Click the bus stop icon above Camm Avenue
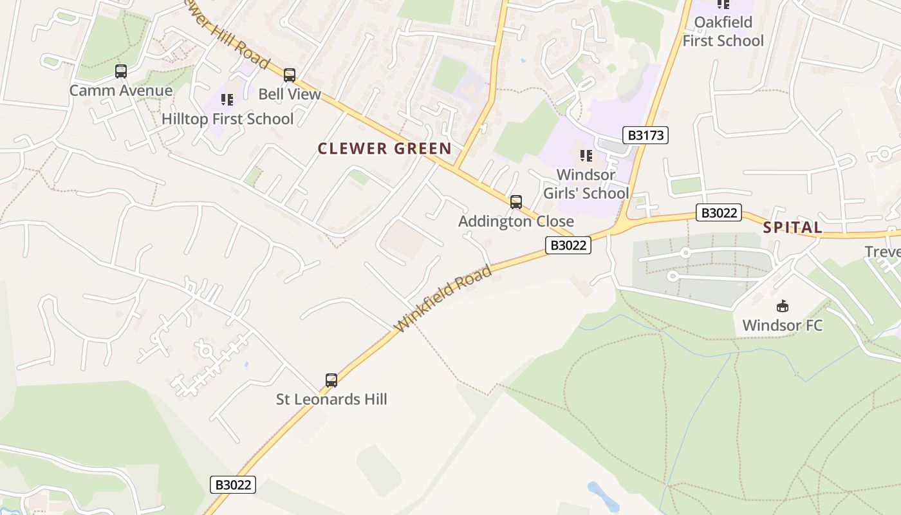tap(121, 71)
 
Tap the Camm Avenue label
tap(121, 90)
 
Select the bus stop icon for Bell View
tap(290, 75)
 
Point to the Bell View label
tap(290, 94)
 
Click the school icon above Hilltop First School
tap(227, 100)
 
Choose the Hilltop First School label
tap(227, 119)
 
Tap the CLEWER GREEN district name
tap(385, 149)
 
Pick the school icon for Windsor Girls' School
tap(586, 156)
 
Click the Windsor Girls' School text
tap(586, 184)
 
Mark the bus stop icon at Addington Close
tap(516, 202)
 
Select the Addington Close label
tap(516, 221)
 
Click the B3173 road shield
tap(646, 135)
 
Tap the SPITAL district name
tap(793, 227)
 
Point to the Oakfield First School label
tap(723, 32)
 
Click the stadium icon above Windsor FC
tap(783, 306)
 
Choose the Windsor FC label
tap(783, 325)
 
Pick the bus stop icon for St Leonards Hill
tap(331, 380)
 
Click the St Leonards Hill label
tap(331, 400)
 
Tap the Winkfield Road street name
tap(444, 299)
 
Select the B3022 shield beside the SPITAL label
tap(718, 212)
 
